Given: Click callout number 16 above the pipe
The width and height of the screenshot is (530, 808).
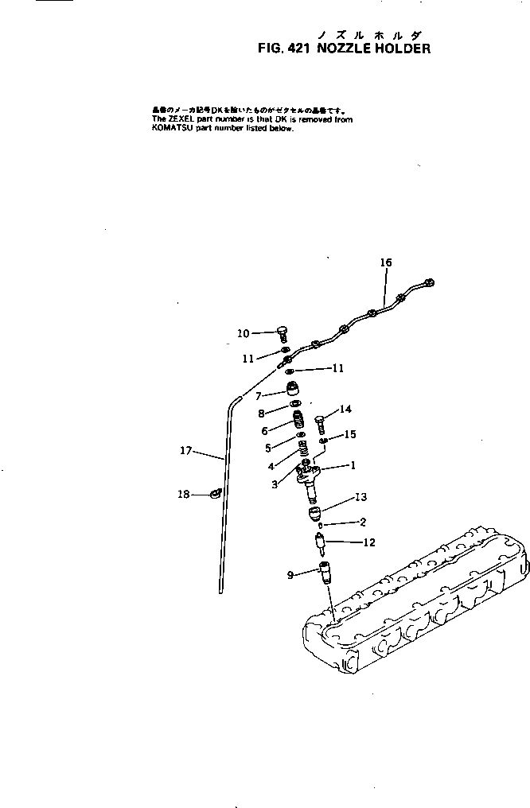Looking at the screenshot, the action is coord(385,262).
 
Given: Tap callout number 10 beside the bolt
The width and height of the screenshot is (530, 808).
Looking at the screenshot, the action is coord(244,332).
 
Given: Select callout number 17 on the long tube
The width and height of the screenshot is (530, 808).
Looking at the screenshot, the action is coord(186,451).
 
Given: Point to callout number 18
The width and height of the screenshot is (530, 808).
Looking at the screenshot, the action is coord(184,495).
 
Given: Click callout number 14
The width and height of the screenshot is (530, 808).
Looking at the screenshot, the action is coord(345,410).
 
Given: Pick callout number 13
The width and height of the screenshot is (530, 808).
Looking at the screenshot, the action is coord(360,497).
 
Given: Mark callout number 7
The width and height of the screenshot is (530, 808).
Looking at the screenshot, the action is coord(258,394).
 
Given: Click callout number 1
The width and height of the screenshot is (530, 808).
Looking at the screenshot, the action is coord(352,466).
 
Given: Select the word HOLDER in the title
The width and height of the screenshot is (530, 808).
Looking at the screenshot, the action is coord(395,49).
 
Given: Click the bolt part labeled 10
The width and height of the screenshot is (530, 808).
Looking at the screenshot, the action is coord(283,334).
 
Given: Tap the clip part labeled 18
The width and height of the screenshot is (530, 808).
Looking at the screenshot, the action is coord(214,495).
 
